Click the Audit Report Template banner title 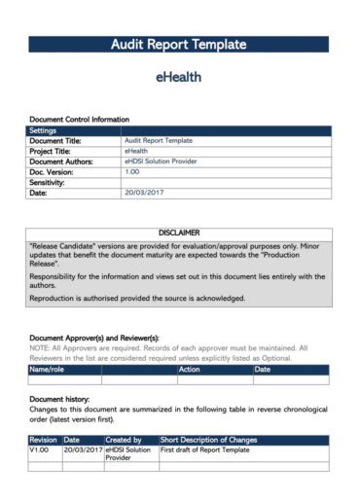pos(179,45)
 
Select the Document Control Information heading pos(79,119)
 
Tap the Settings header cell pos(43,130)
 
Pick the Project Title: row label pos(57,152)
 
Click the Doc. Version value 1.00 pos(132,172)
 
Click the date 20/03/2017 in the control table pos(144,194)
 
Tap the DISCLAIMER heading pos(179,234)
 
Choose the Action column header pos(189,370)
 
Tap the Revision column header pos(44,441)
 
